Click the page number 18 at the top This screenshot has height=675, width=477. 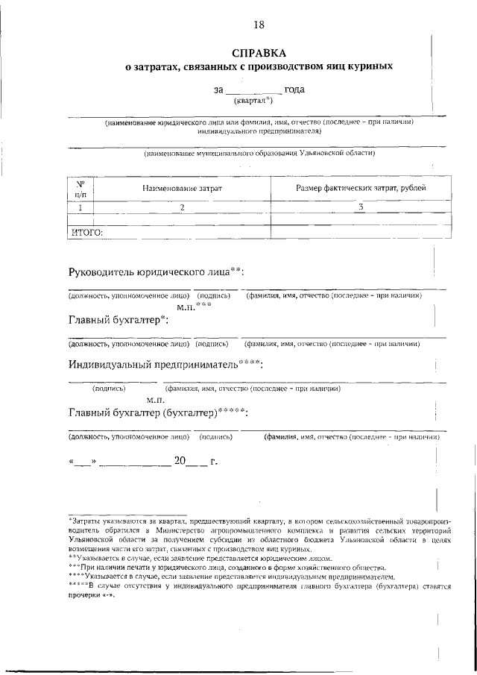[259, 25]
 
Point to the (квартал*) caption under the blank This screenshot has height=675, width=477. [253, 100]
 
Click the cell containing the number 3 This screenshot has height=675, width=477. [361, 207]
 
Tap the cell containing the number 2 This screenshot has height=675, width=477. [182, 207]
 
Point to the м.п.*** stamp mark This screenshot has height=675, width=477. [195, 307]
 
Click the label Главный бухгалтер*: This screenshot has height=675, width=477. [119, 320]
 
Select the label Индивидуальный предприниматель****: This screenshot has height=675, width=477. [165, 365]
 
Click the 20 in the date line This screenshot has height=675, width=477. [180, 462]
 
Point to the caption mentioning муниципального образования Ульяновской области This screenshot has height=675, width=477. [259, 154]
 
